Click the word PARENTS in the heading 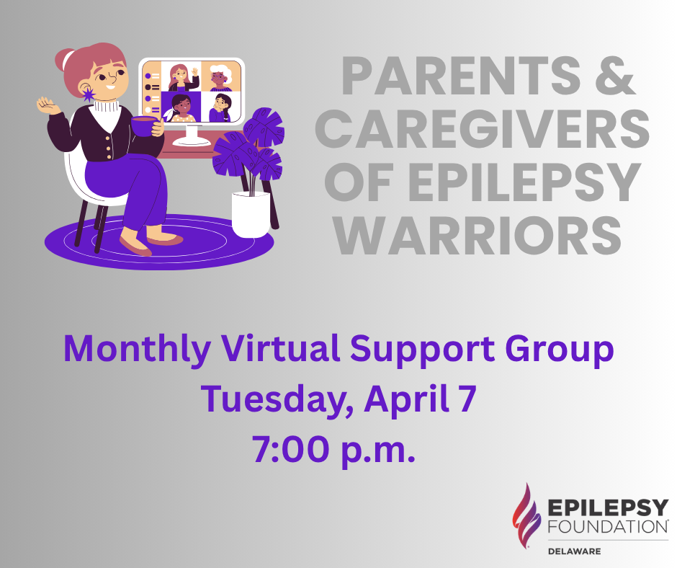(462, 76)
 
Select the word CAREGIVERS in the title (483, 128)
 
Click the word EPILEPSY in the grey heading (524, 182)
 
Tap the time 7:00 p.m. (333, 450)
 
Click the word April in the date (406, 399)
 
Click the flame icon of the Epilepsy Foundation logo (526, 515)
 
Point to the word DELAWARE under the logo (574, 551)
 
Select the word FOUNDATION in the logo (608, 527)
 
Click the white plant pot (251, 214)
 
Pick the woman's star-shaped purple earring (89, 94)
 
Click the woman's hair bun (63, 59)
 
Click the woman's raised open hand (48, 106)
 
